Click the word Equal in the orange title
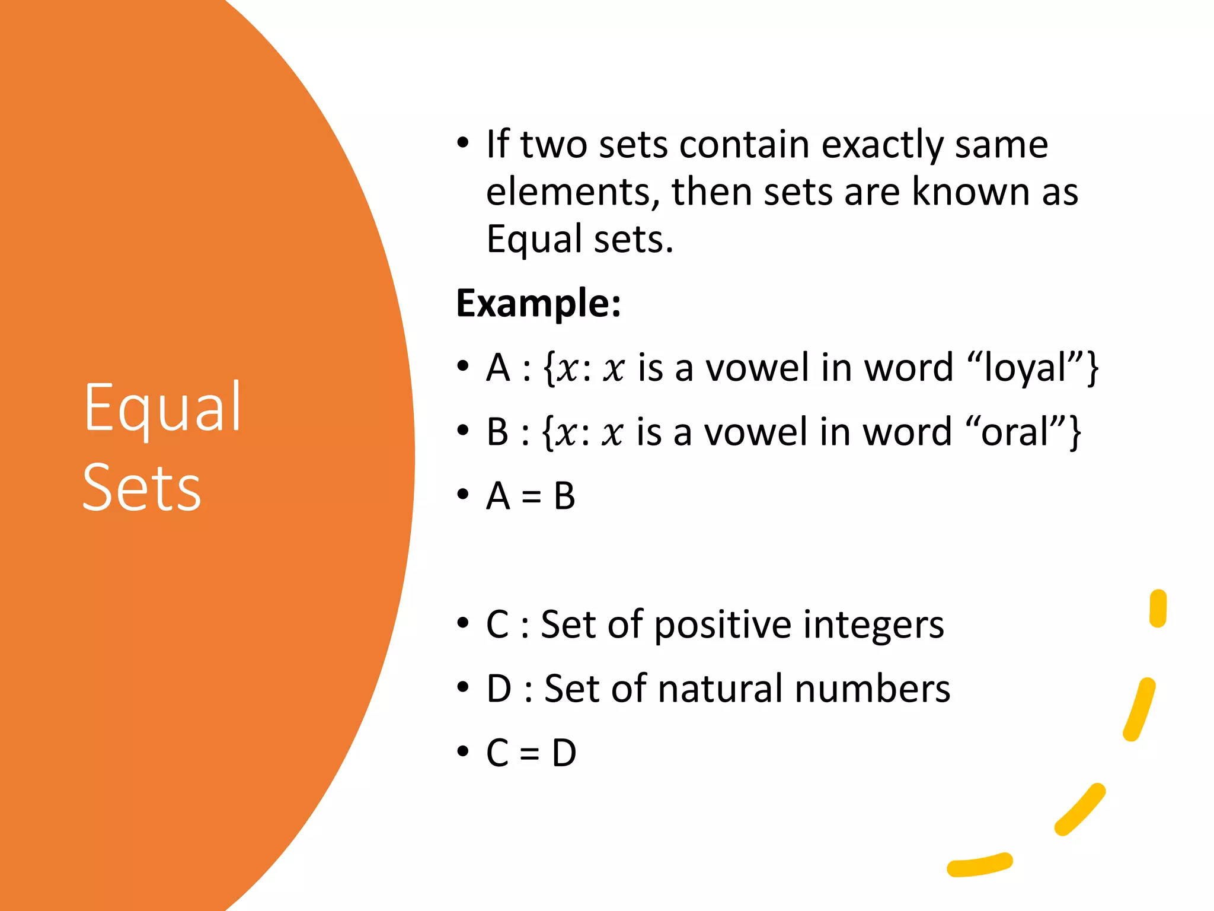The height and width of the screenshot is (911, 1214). click(x=162, y=409)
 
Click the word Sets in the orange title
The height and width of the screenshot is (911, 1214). click(x=142, y=488)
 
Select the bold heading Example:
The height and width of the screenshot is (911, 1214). click(x=538, y=303)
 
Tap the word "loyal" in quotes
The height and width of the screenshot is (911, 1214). click(x=1033, y=368)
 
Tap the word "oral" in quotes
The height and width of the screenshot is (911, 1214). click(x=1023, y=432)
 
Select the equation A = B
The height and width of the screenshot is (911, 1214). click(x=531, y=496)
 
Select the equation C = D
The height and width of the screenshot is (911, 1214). click(x=531, y=753)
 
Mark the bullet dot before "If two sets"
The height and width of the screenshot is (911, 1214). click(x=463, y=144)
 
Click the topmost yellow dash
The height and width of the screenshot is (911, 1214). click(x=1158, y=608)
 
